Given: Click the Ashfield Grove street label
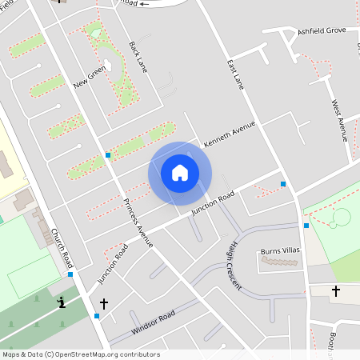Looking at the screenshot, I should [x=322, y=30].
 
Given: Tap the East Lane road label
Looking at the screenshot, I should [x=234, y=73].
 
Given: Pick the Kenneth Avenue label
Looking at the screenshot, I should [x=230, y=134].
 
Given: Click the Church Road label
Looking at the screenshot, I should [x=62, y=248].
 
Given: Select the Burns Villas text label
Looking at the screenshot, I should [x=280, y=251].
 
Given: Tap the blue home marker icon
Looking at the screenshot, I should [x=180, y=173].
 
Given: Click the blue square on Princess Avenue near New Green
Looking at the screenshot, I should [x=108, y=155].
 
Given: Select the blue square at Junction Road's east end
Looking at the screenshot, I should [x=283, y=184].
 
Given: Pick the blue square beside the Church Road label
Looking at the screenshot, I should [x=70, y=274].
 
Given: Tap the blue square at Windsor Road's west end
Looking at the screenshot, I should [x=97, y=316].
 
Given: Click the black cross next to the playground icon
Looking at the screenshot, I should [x=103, y=304].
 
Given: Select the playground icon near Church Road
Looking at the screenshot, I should [x=62, y=302].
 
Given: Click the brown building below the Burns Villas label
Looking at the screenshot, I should [x=281, y=261].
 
